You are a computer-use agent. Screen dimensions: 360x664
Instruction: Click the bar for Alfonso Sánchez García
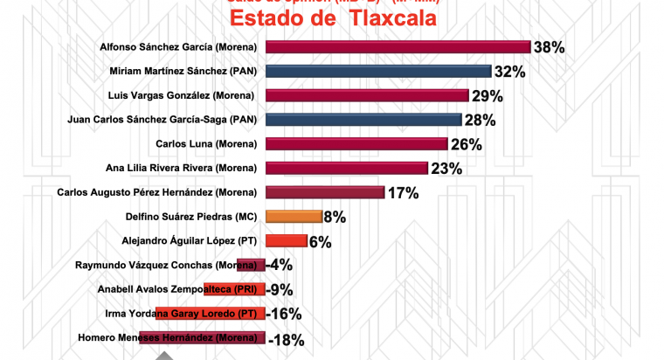[398, 47]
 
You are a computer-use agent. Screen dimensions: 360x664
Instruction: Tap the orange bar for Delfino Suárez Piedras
[293, 217]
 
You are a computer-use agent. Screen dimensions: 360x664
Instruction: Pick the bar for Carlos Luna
[356, 144]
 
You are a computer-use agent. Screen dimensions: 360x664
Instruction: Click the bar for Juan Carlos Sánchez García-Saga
[363, 120]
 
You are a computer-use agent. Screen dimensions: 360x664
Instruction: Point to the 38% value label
[550, 48]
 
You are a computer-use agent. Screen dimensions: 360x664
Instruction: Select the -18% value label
[287, 339]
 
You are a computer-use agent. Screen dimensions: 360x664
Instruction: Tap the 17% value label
[404, 193]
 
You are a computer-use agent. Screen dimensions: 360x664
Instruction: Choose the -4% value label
[280, 266]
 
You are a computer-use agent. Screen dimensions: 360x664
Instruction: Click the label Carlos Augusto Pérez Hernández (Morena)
[156, 192]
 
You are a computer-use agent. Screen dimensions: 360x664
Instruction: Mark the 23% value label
[446, 169]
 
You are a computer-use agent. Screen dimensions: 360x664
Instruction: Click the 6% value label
[320, 242]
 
